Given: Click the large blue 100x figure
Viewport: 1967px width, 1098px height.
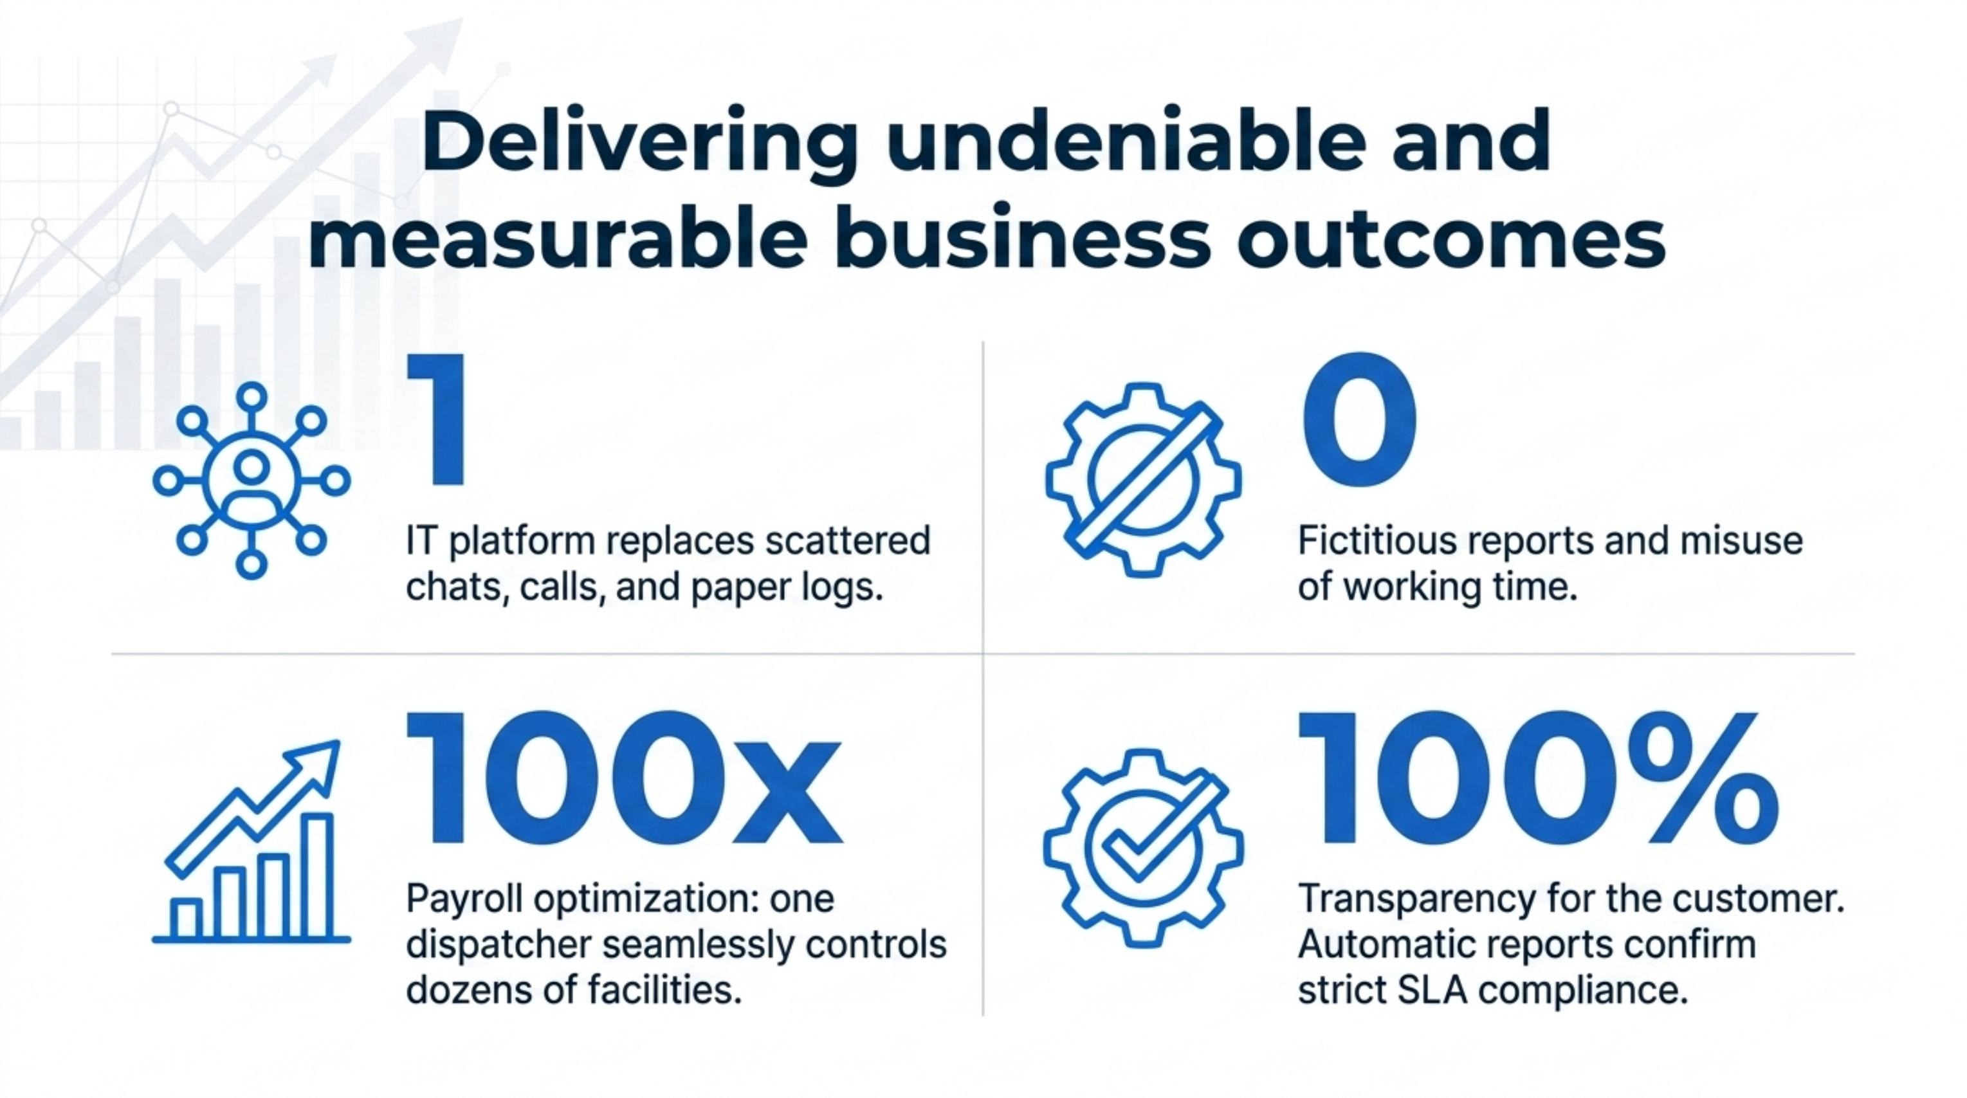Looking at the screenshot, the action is tap(624, 776).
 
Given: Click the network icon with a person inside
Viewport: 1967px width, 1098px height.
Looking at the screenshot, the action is tap(252, 480).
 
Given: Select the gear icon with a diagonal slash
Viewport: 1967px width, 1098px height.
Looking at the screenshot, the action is tap(1143, 479).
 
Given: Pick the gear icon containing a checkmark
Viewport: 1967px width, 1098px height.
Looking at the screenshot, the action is tap(1143, 848).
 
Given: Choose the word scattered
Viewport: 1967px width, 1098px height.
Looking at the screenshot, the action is tap(848, 540).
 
